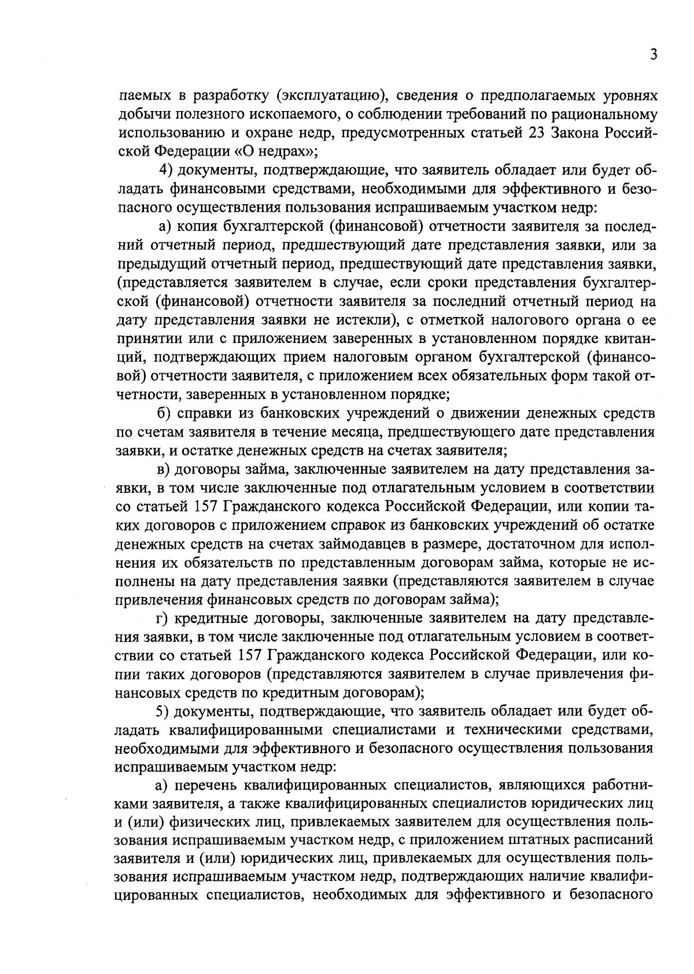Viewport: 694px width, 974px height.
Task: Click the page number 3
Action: click(x=653, y=55)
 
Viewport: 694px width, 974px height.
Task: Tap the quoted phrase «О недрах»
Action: click(x=278, y=152)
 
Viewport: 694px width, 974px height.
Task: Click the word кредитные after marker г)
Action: click(x=215, y=619)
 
